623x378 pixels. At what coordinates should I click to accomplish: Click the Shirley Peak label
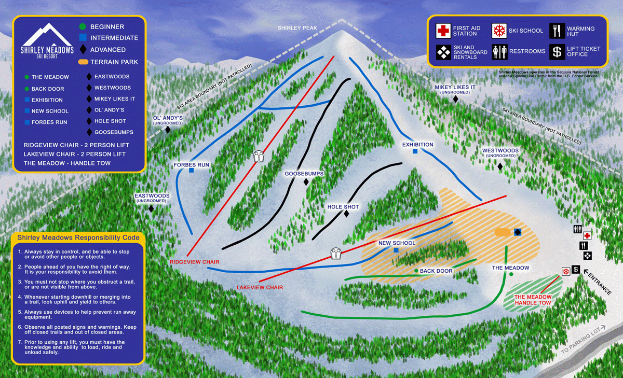pyautogui.click(x=297, y=28)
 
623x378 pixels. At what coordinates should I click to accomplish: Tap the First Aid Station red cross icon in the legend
pyautogui.click(x=443, y=31)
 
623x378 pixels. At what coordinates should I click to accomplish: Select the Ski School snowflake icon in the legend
pyautogui.click(x=499, y=31)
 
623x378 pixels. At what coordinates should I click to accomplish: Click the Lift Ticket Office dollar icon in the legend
pyautogui.click(x=557, y=52)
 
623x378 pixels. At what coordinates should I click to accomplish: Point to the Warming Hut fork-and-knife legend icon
pyautogui.click(x=557, y=31)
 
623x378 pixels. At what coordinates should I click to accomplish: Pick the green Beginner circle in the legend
pyautogui.click(x=83, y=26)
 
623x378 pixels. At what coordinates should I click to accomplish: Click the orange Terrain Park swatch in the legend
pyautogui.click(x=83, y=62)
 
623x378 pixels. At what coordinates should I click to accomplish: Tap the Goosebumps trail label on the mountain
pyautogui.click(x=304, y=174)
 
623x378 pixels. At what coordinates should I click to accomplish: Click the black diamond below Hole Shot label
pyautogui.click(x=346, y=214)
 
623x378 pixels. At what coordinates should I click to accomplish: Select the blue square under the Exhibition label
pyautogui.click(x=415, y=151)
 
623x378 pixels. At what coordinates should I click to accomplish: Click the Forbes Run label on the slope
pyautogui.click(x=192, y=165)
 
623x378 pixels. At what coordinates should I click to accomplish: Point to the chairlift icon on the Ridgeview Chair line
pyautogui.click(x=259, y=156)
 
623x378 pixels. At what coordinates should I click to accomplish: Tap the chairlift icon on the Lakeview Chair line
pyautogui.click(x=336, y=253)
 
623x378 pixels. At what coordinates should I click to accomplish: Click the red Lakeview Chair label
pyautogui.click(x=260, y=287)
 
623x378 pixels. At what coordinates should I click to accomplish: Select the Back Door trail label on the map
pyautogui.click(x=436, y=271)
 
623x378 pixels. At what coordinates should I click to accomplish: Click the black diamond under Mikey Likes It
pyautogui.click(x=456, y=99)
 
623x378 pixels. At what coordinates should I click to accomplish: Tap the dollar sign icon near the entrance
pyautogui.click(x=576, y=269)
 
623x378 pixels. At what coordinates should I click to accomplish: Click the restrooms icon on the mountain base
pyautogui.click(x=578, y=229)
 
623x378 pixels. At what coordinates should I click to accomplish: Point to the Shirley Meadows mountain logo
pyautogui.click(x=47, y=40)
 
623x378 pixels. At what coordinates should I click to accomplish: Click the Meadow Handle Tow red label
pyautogui.click(x=533, y=300)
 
